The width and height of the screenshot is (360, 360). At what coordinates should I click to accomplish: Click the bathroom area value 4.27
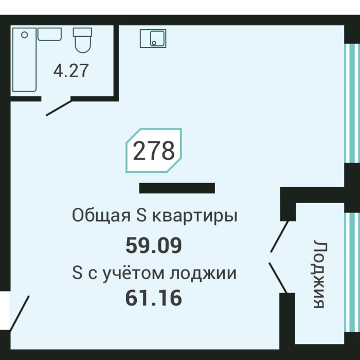pos(71,70)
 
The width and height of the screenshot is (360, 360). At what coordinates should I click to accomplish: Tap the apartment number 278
pos(154,151)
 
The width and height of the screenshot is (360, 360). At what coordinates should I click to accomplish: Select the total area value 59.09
pos(154,245)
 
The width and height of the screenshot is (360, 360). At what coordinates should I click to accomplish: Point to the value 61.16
pos(154,298)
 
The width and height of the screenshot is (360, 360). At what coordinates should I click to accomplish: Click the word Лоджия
pos(319,274)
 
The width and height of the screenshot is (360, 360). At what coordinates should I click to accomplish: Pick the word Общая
pos(101,215)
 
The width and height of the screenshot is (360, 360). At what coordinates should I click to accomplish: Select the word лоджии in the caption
pos(206,273)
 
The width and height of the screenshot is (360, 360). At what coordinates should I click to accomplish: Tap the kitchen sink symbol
pos(153,38)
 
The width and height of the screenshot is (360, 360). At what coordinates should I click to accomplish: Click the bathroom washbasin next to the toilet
pos(50,34)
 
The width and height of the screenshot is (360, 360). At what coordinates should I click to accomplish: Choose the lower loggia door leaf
pos(277,278)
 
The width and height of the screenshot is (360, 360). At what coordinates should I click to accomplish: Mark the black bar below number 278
pos(177,188)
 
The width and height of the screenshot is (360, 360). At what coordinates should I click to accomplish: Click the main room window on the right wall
pos(351,103)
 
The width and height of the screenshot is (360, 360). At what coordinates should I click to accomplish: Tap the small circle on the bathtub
pos(23,35)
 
